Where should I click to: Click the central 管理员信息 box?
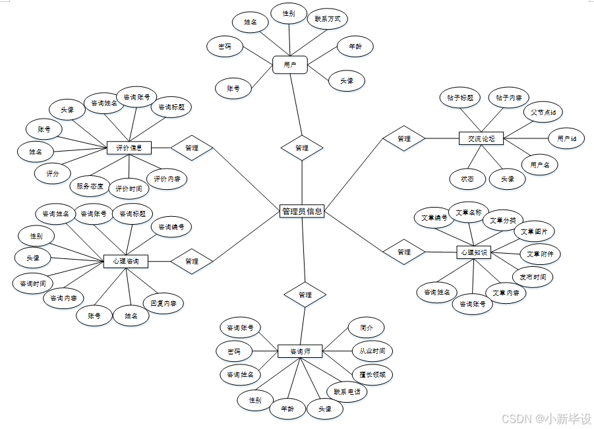tap(302, 212)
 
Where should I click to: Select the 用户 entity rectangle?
tap(290, 65)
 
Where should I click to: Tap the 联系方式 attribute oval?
tap(328, 19)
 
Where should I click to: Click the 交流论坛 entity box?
tap(481, 138)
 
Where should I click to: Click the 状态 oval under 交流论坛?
tap(467, 179)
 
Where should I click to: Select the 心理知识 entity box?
tap(473, 252)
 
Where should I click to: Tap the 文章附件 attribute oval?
tap(540, 254)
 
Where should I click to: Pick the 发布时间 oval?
tap(533, 277)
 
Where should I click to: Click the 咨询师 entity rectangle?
tap(300, 351)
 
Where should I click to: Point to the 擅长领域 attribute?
tap(372, 374)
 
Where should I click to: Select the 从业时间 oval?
tap(372, 351)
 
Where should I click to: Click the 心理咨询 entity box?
tap(126, 261)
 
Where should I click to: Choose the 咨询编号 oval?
tap(172, 227)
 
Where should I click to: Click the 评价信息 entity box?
tap(129, 147)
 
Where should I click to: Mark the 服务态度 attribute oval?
tap(90, 186)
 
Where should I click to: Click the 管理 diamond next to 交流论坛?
tap(403, 138)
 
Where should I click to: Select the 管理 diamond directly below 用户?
tap(302, 148)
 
